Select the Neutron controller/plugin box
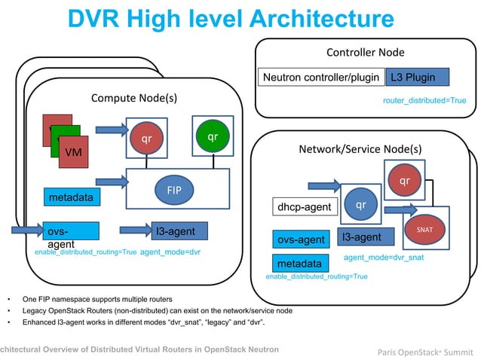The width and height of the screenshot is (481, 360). pos(320,78)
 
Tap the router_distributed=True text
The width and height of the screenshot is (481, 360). pos(424,100)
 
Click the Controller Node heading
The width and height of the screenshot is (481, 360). pos(365,53)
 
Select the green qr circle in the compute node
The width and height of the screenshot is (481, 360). pos(212,136)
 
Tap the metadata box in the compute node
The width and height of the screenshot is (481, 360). pos(71,197)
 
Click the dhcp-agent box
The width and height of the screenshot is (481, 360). pos(305,206)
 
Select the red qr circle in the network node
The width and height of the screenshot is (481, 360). pos(405,181)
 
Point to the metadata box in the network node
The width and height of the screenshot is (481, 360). pos(299,264)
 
